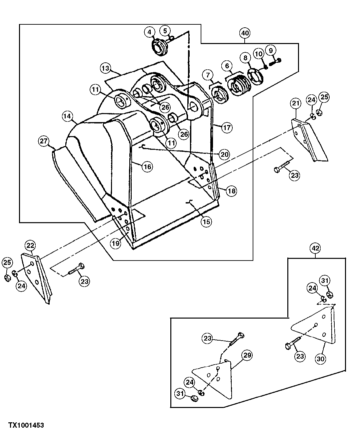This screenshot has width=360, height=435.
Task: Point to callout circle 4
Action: tap(150, 32)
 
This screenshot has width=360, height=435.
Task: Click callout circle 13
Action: tap(105, 68)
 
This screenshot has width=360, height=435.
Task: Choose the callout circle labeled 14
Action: tap(67, 116)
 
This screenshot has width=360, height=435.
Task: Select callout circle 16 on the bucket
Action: tap(147, 166)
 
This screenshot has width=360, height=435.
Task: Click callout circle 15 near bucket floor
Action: tap(207, 222)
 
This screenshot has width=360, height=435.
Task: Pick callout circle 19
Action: tap(115, 243)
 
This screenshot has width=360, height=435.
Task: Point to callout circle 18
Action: tap(231, 191)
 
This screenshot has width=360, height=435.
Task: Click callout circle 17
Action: tap(226, 127)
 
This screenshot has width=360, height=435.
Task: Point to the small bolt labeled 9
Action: tap(275, 61)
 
